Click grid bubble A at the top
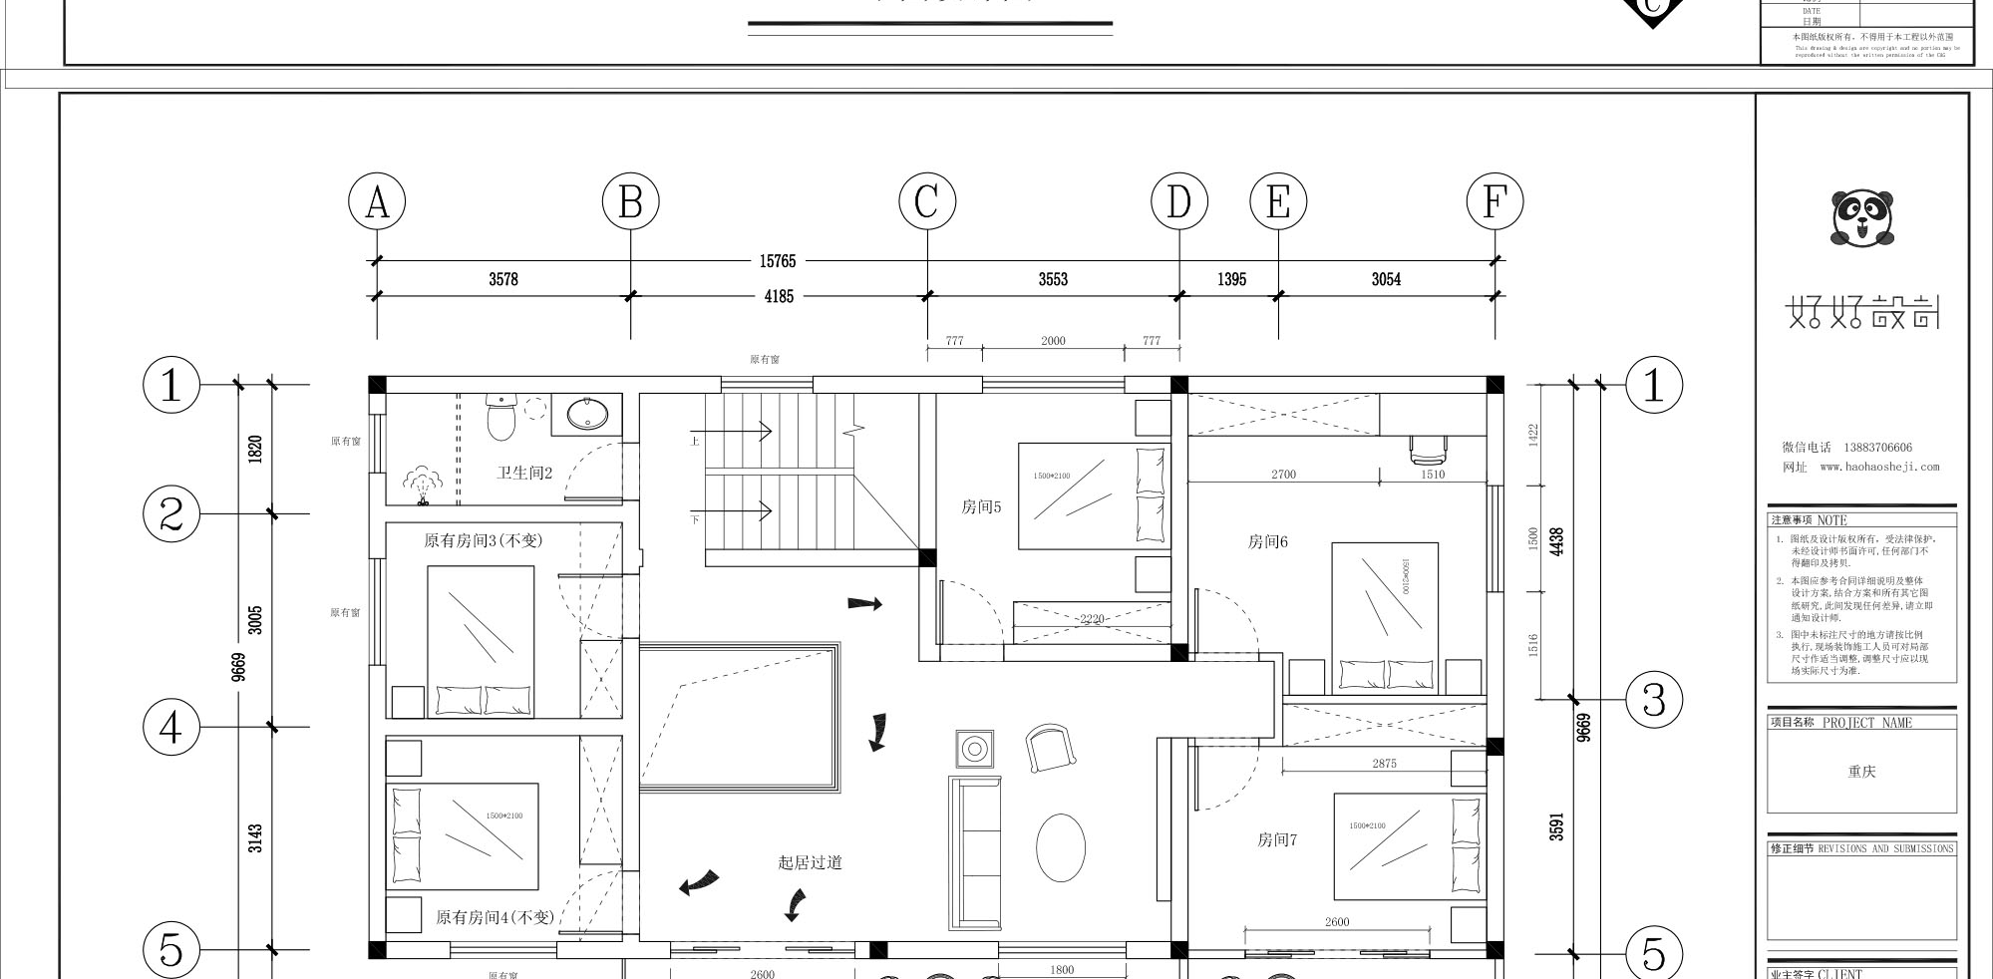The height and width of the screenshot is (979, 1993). click(x=377, y=202)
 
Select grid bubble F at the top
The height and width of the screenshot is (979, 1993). click(x=1495, y=202)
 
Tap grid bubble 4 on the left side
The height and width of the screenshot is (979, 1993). click(x=171, y=727)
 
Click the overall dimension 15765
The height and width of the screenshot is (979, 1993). click(x=778, y=261)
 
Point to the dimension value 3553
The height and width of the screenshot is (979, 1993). click(x=1053, y=280)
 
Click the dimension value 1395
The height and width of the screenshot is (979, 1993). click(x=1231, y=280)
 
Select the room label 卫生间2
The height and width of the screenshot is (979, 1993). click(x=524, y=473)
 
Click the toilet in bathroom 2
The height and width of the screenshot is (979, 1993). click(x=500, y=417)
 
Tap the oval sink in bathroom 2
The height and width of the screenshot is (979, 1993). click(x=587, y=415)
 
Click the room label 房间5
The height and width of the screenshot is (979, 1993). click(x=981, y=507)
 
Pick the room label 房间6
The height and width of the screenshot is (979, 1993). click(x=1268, y=541)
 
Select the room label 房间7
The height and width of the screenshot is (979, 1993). click(x=1277, y=839)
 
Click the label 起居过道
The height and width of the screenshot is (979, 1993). click(x=810, y=862)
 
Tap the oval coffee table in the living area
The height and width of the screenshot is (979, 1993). click(x=1060, y=847)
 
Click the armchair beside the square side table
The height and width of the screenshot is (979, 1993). click(x=1050, y=748)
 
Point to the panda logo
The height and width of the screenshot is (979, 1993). click(x=1861, y=219)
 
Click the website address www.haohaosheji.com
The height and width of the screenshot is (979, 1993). click(x=1879, y=467)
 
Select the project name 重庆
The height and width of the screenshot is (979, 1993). click(x=1861, y=772)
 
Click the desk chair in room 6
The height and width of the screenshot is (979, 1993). click(x=1428, y=451)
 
